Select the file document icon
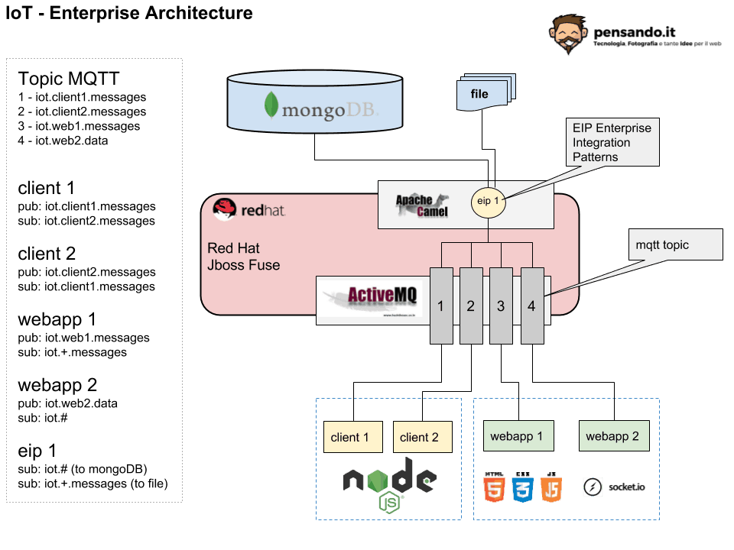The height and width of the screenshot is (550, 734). coord(481,94)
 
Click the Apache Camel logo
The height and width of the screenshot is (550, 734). coord(422,205)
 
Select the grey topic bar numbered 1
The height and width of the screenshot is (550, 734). coord(440,306)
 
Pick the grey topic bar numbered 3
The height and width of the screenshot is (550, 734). coord(501,306)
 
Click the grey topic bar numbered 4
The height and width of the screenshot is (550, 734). coord(531,306)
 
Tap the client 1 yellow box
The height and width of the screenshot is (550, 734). coord(350,437)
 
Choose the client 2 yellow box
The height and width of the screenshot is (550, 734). coord(419,437)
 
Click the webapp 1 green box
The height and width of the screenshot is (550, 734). coord(517,436)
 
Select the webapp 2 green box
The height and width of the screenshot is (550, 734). coord(612,436)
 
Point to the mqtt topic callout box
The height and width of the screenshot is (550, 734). coord(675,245)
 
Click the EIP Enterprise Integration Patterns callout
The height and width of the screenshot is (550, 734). coord(613,142)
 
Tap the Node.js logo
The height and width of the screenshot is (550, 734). coord(390,485)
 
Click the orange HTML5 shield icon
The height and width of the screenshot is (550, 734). coord(493,486)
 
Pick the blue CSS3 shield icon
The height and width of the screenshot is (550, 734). coord(523,486)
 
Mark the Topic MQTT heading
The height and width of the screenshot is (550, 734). coord(69,79)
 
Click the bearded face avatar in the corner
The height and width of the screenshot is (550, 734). coord(568,34)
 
